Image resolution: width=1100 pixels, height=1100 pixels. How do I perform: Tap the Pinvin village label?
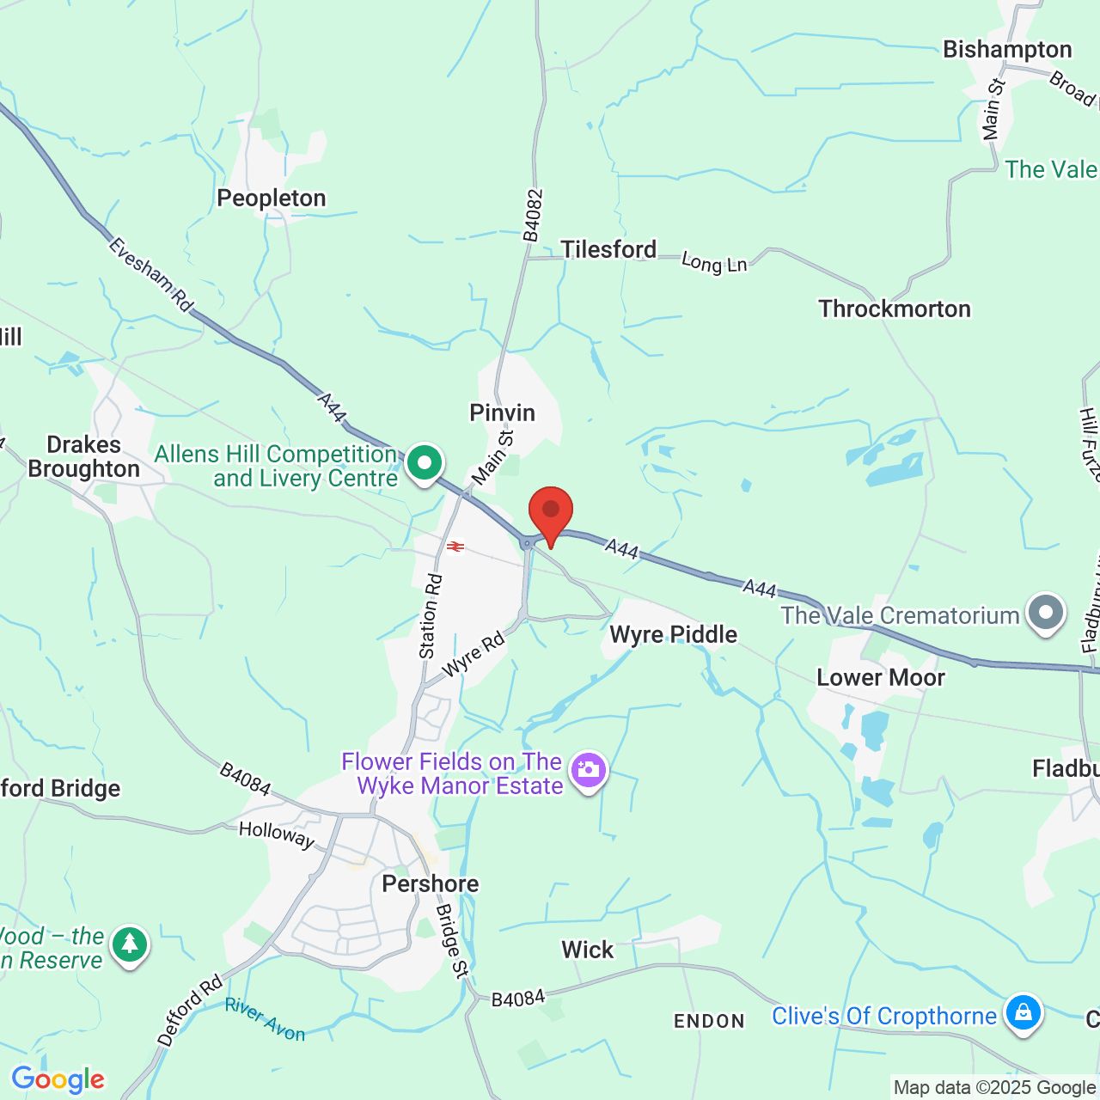click(502, 413)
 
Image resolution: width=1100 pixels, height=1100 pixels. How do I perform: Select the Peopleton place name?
click(272, 199)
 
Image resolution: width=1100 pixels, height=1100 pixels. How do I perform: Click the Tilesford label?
click(608, 250)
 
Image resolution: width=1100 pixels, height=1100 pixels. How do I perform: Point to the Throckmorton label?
click(895, 309)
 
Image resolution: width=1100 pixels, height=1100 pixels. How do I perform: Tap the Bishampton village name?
click(1007, 50)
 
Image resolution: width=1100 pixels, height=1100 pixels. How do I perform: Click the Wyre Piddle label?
click(674, 635)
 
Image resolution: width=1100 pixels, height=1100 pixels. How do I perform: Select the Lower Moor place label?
click(881, 678)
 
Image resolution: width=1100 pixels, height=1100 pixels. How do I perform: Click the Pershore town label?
click(431, 884)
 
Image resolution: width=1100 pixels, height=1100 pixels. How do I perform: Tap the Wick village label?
click(588, 950)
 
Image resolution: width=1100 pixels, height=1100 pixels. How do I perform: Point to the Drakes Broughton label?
click(83, 457)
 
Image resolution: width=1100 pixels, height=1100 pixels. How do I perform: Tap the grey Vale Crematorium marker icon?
click(1046, 613)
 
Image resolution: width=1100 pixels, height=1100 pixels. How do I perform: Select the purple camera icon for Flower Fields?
click(589, 770)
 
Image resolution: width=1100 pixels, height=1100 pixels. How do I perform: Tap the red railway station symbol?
click(455, 547)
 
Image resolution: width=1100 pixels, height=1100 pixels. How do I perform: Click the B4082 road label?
click(533, 216)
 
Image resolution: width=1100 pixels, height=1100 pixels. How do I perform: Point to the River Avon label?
click(266, 1020)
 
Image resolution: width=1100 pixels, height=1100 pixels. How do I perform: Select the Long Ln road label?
click(714, 263)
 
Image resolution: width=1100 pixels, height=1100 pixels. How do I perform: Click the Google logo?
click(58, 1079)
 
